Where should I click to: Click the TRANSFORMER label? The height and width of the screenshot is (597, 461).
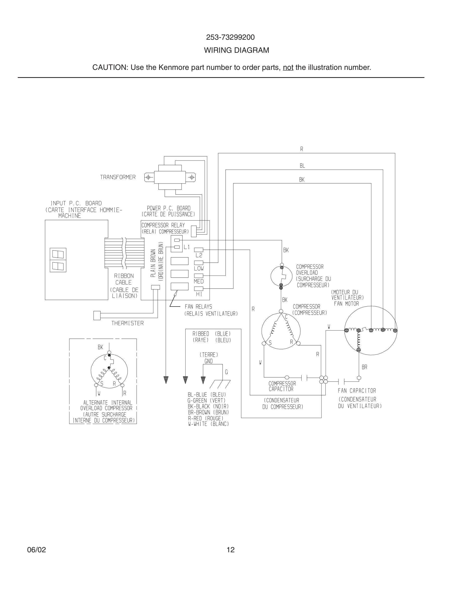118,177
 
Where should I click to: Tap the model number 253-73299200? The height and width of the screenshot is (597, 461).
230,37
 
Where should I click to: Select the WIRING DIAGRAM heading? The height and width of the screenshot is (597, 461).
237,50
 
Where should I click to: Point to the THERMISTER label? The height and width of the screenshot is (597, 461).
127,323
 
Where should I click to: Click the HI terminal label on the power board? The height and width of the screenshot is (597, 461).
199,294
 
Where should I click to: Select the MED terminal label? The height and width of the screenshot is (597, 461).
199,282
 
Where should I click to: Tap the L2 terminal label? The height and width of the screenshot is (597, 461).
199,255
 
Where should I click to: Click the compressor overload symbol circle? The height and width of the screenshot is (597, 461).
281,276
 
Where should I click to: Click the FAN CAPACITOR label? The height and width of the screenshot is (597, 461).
357,391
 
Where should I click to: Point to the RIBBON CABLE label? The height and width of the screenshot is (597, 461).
124,279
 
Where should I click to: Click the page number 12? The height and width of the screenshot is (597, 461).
230,550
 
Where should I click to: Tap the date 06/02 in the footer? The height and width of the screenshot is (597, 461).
36,550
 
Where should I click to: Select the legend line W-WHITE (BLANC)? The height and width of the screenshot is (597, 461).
208,424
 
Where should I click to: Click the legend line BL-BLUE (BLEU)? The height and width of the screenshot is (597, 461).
207,395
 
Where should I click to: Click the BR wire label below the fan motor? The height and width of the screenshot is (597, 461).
364,367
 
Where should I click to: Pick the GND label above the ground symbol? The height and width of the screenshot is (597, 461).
208,361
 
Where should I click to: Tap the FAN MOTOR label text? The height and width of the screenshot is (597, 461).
346,304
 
